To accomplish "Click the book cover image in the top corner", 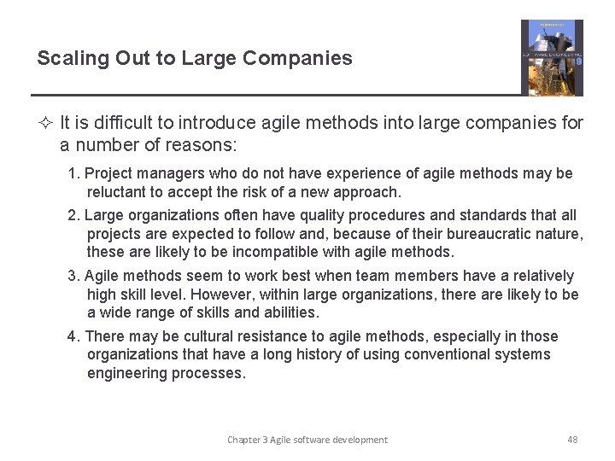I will pos(552,58).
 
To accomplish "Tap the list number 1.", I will pos(73,173).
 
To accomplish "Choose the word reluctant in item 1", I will pos(120,192).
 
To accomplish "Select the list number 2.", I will pos(73,215).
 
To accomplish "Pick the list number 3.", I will pos(73,276).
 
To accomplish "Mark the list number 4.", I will pos(73,336).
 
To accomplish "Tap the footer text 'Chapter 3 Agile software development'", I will pos(307,440).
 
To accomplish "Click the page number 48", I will pos(572,440).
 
